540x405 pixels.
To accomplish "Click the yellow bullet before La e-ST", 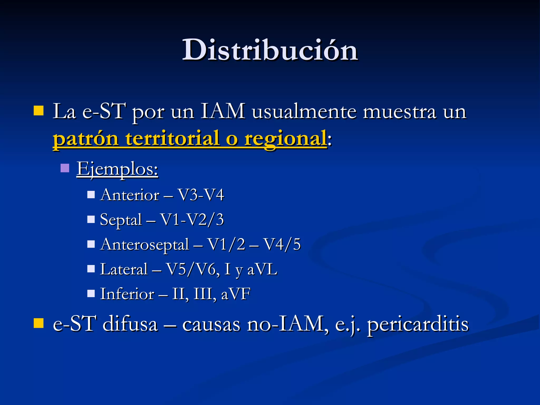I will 38,111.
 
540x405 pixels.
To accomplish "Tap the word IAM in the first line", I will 223,112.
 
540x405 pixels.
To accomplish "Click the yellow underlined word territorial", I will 172,139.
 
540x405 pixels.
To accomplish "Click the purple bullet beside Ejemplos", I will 65,168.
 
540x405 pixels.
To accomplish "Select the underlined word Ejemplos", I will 117,169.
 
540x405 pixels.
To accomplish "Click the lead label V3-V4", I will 201,195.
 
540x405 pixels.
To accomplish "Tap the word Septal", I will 121,220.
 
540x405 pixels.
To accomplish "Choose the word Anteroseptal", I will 145,244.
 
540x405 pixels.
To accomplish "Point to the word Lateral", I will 124,269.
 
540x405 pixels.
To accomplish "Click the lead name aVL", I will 262,269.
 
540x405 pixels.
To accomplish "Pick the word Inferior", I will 127,294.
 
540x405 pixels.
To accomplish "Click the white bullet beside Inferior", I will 91,293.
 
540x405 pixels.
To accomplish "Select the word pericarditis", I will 418,324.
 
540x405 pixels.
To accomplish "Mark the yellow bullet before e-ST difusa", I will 38,323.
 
